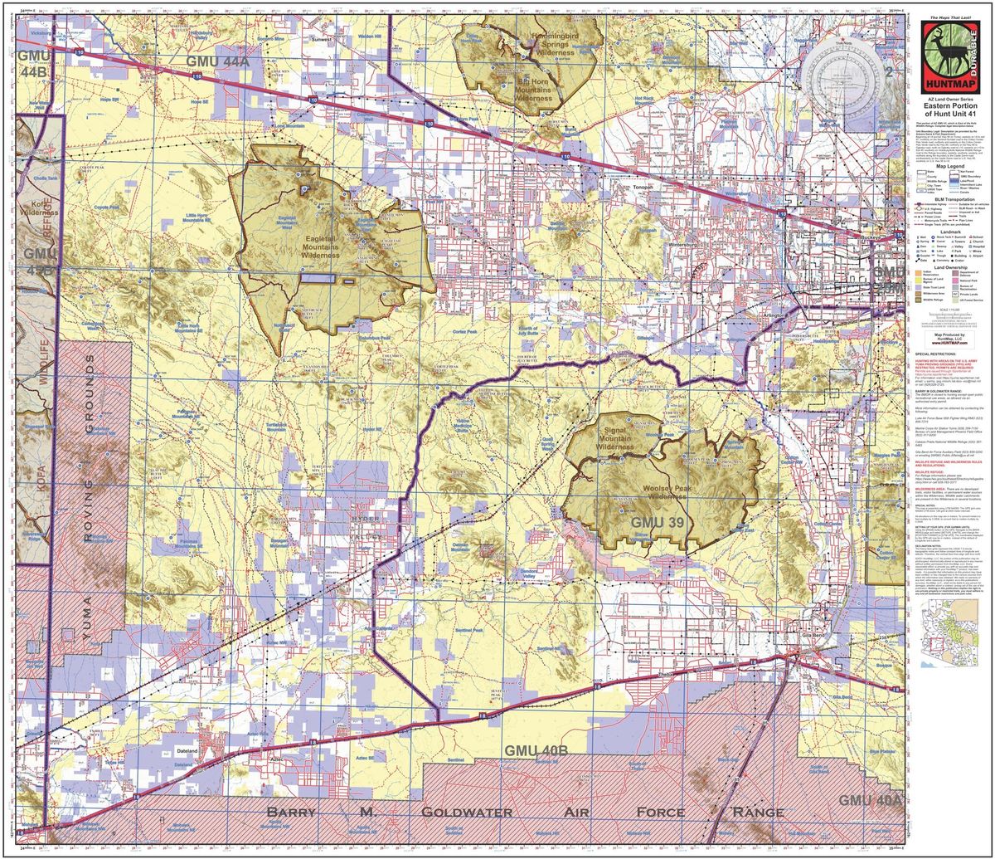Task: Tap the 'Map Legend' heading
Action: tap(950, 167)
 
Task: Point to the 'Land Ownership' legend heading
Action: tap(950, 267)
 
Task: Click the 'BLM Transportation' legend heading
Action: tap(950, 199)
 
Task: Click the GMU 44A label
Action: tap(217, 61)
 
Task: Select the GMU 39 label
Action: tap(658, 522)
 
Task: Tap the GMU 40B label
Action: tap(536, 750)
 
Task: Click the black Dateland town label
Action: tap(187, 750)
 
